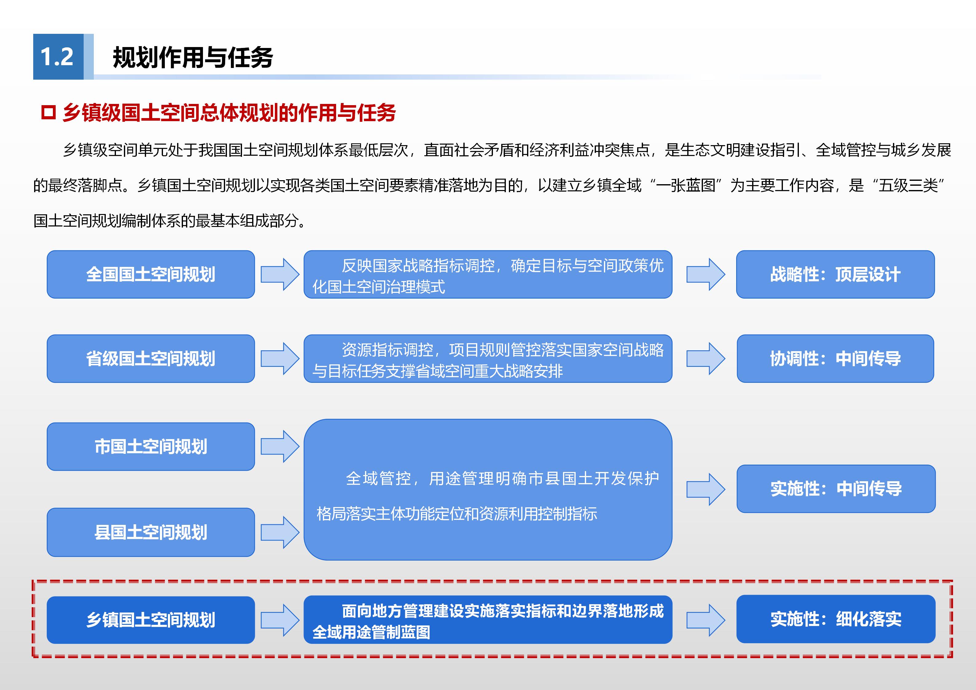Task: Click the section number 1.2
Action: (57, 57)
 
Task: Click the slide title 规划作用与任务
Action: (192, 57)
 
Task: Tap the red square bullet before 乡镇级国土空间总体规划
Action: (49, 113)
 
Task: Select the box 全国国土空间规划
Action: (151, 274)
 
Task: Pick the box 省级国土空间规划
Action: (151, 359)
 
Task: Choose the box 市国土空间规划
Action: (151, 446)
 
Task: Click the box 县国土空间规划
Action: (151, 532)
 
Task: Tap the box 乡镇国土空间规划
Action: (151, 620)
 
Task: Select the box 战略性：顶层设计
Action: (835, 274)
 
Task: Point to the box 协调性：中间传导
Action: (835, 359)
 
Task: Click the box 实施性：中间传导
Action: (836, 489)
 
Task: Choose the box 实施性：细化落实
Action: (836, 619)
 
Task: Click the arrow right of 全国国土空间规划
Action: (280, 274)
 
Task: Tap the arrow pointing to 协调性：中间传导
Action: (706, 359)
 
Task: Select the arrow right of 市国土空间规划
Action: (280, 446)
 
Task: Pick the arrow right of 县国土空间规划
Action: (280, 532)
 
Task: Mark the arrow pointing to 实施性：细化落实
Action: (706, 620)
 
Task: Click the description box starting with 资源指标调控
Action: (488, 359)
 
